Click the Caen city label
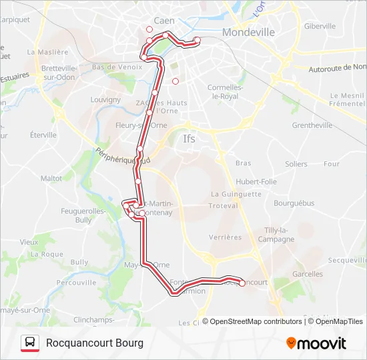pyautogui.click(x=164, y=21)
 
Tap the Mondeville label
pyautogui.click(x=248, y=32)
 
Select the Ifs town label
pyautogui.click(x=190, y=139)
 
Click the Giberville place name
pyautogui.click(x=320, y=26)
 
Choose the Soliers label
pyautogui.click(x=296, y=164)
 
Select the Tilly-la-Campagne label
pyautogui.click(x=275, y=235)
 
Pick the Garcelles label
pyautogui.click(x=308, y=274)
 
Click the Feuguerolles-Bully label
pyautogui.click(x=75, y=215)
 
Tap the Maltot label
pyautogui.click(x=51, y=179)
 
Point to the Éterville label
pyautogui.click(x=43, y=135)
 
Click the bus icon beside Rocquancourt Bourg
pyautogui.click(x=30, y=343)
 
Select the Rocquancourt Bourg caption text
pyautogui.click(x=95, y=343)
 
